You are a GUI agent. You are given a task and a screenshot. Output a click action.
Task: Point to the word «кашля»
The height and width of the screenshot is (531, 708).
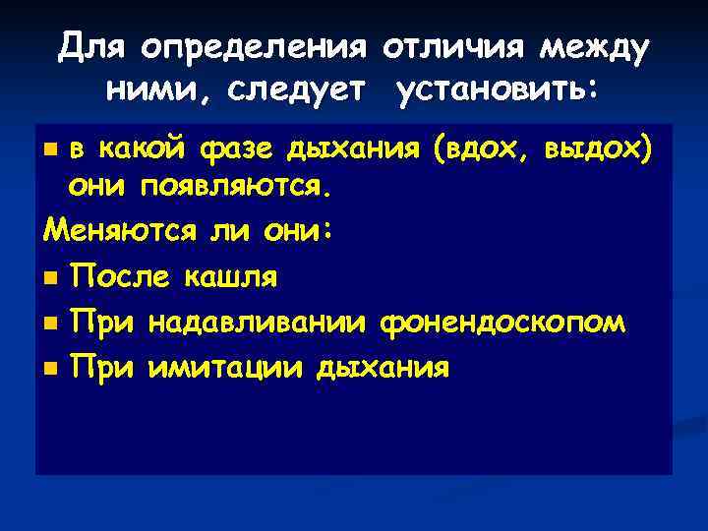coord(230,277)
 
